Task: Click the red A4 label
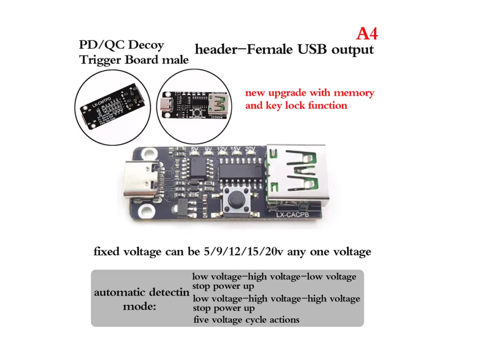[367, 34]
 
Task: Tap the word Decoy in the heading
[146, 45]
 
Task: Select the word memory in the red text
[352, 92]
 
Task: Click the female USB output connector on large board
[296, 176]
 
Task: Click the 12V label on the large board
[223, 150]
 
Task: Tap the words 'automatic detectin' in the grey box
[142, 292]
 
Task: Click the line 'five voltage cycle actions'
[246, 320]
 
